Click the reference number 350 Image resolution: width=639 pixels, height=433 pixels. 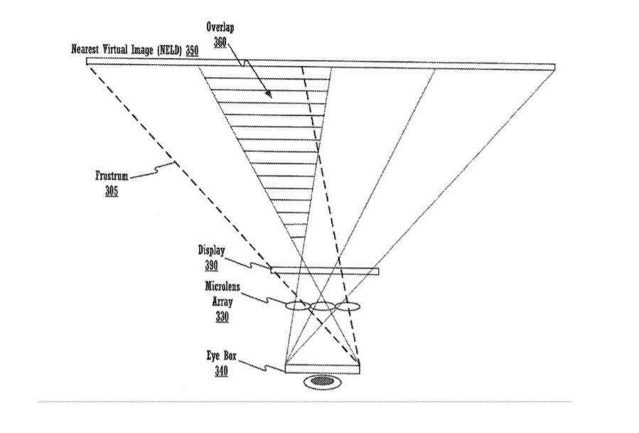pos(193,50)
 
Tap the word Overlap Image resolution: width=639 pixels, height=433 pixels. pos(220,28)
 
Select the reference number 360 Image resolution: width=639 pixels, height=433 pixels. pos(220,42)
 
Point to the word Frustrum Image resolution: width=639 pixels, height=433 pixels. pos(112,176)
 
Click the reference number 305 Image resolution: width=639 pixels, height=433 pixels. pos(112,191)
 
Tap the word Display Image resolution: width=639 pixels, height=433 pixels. pos(212,250)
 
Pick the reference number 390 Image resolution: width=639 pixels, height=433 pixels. pos(212,265)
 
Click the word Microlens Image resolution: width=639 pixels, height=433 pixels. pos(222,287)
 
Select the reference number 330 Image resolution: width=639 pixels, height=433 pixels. pos(222,316)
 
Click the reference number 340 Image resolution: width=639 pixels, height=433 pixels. pos(221,370)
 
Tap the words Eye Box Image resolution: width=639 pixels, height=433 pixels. pos(221,356)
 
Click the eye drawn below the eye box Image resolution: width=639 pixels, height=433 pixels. pos(322,382)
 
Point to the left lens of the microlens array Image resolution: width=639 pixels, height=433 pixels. pos(298,306)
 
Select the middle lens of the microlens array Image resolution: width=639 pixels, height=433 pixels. pos(323,306)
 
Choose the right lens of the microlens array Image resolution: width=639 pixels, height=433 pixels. pos(348,306)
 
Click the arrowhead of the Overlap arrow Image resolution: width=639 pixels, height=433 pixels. pos(269,95)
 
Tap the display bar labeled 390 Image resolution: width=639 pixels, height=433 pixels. pos(325,271)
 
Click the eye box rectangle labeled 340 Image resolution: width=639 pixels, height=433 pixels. pos(323,368)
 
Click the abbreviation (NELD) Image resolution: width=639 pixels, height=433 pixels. pos(170,50)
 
